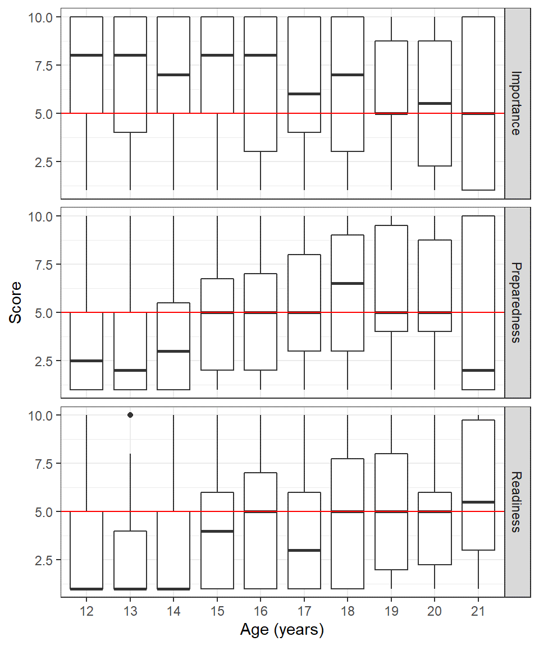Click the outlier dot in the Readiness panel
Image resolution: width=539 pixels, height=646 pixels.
pos(130,415)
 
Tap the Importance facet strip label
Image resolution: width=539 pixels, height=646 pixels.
pos(517,103)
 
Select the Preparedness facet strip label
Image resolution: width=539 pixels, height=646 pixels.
pos(517,302)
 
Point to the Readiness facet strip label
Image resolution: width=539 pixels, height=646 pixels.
pos(517,501)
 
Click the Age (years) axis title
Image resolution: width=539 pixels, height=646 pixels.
pos(282,630)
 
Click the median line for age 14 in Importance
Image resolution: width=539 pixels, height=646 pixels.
pos(173,75)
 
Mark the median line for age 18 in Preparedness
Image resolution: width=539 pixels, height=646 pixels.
pos(348,283)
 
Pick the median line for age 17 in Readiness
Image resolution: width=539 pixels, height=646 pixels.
pos(304,550)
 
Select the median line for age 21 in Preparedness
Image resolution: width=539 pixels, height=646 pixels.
pos(478,370)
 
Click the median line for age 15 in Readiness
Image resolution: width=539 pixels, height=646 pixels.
pos(217,531)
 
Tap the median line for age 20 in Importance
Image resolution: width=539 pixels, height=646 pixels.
pos(435,103)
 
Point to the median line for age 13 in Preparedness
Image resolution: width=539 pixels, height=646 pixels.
pos(130,370)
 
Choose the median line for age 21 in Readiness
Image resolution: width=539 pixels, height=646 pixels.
pos(478,502)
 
